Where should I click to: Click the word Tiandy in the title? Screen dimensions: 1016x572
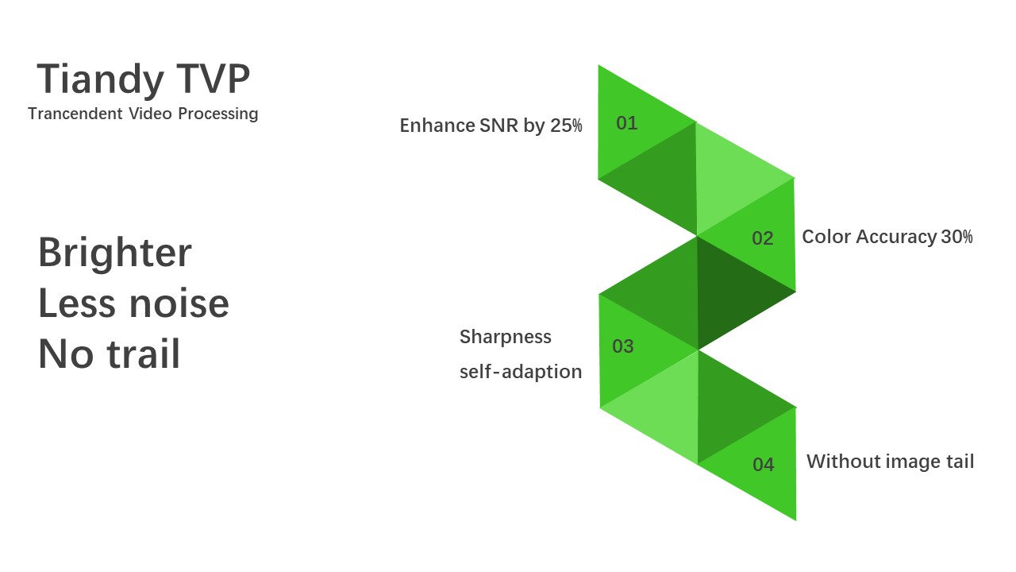[100, 80]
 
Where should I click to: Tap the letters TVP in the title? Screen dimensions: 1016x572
[214, 78]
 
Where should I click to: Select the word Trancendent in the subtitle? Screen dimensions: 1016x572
[75, 114]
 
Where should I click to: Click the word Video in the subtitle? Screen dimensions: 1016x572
[150, 114]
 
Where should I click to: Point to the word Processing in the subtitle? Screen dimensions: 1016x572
[217, 114]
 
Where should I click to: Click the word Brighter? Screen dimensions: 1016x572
[115, 253]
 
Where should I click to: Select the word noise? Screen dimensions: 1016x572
[179, 303]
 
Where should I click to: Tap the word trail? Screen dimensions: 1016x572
[144, 354]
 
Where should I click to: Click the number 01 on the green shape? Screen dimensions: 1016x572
[627, 123]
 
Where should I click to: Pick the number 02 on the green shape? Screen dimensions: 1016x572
[763, 238]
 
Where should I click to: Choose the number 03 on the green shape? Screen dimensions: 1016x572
[623, 346]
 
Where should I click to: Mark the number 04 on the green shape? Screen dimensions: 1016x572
[764, 465]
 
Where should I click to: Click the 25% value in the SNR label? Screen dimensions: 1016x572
[566, 126]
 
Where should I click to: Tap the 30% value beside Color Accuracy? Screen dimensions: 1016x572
[957, 237]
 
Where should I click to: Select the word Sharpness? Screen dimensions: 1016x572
[506, 338]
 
